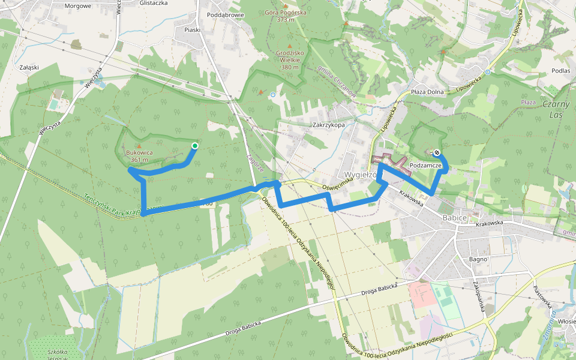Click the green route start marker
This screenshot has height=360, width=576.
(194, 146)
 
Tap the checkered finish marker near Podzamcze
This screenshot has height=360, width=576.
(436, 152)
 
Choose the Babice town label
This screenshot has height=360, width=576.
(454, 218)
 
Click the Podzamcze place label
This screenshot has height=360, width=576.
(426, 165)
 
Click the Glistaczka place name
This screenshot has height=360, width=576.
(153, 2)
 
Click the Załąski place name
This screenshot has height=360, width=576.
(29, 67)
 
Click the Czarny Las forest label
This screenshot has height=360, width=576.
(554, 109)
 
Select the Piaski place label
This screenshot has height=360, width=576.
(192, 29)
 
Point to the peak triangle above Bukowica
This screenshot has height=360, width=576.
(139, 146)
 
